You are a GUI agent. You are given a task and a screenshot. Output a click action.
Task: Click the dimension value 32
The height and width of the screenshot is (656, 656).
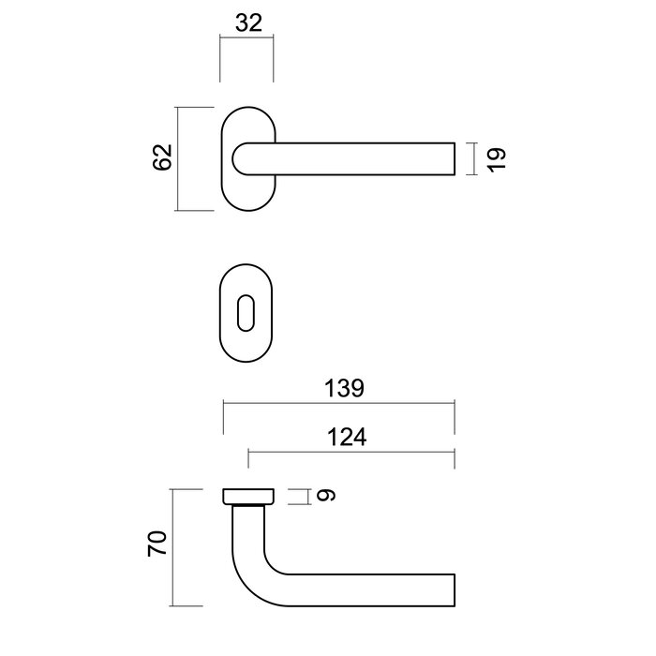tap(247, 24)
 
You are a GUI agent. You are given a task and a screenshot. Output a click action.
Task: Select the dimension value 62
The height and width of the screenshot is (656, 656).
tap(162, 157)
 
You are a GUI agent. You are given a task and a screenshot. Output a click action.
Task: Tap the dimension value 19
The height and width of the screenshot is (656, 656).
tap(497, 158)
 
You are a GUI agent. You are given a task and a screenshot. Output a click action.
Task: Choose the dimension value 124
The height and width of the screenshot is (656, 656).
tap(348, 437)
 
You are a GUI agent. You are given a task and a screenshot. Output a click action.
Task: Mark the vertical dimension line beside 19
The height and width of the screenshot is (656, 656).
tap(476, 158)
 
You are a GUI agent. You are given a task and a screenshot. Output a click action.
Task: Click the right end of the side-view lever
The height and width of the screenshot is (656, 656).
tap(454, 589)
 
